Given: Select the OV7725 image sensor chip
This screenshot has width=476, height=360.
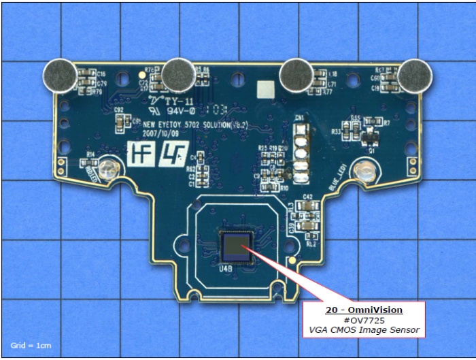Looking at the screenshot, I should coord(236,246).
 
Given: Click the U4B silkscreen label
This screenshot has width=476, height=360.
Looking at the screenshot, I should coord(226,269).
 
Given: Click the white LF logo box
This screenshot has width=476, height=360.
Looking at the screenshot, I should coord(170,152).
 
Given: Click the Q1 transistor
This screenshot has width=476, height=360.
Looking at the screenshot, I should coord(370,138).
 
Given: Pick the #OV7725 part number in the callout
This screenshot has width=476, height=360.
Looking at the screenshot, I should coord(363,320).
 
